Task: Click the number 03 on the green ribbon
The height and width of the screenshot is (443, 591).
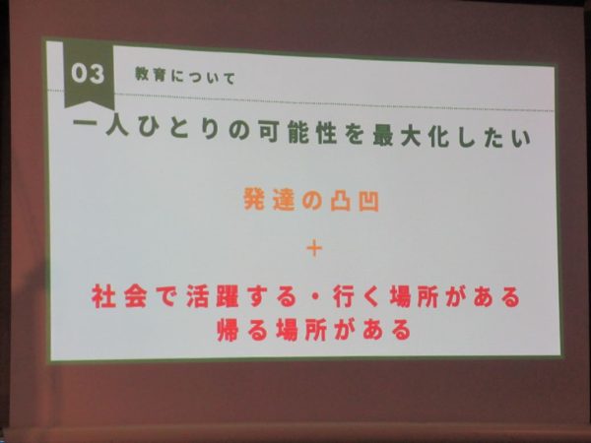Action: pyautogui.click(x=88, y=74)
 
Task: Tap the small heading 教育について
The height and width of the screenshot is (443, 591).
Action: pyautogui.click(x=185, y=77)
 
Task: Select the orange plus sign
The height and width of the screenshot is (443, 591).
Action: pyautogui.click(x=314, y=249)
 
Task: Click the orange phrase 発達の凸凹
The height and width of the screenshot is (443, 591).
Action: pyautogui.click(x=311, y=200)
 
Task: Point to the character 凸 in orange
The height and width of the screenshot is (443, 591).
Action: pyautogui.click(x=341, y=201)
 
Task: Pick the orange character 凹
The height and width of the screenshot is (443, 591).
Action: pyautogui.click(x=368, y=202)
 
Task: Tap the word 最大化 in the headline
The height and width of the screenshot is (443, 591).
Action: pyautogui.click(x=410, y=136)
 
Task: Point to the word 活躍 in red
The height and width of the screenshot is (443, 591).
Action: pyautogui.click(x=212, y=296)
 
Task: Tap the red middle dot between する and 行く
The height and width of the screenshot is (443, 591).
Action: pyautogui.click(x=316, y=297)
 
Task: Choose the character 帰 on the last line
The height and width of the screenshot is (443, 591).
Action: pyautogui.click(x=228, y=330)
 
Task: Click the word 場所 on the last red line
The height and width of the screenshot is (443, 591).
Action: pyautogui.click(x=300, y=330)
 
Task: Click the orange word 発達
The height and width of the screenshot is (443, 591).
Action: pyautogui.click(x=269, y=199)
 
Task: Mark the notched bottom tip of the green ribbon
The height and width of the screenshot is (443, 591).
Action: pyautogui.click(x=89, y=101)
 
